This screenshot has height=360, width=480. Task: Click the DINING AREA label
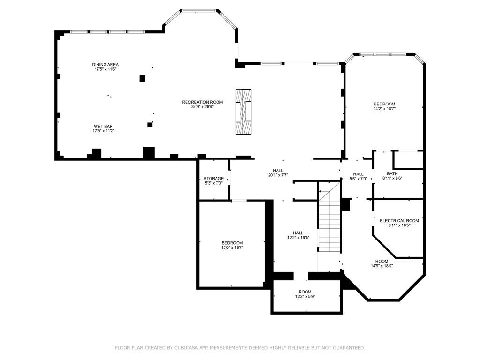pos(105,65)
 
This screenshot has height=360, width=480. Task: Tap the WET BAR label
pos(103,126)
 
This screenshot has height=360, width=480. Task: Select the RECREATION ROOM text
pos(202,102)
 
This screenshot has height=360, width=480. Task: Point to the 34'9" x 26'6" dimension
pos(202,107)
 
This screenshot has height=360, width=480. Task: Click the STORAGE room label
pos(213,179)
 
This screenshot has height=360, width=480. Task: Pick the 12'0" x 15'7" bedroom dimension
pos(232,247)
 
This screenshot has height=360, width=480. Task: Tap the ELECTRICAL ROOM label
pos(399,221)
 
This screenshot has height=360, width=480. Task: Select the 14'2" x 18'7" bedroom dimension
pos(384,109)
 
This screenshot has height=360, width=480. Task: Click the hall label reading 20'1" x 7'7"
pos(278,175)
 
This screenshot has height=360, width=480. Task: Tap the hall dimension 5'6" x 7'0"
pos(358,179)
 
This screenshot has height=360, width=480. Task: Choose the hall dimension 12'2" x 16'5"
pos(298,238)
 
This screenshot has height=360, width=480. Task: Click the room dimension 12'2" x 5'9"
pos(305,296)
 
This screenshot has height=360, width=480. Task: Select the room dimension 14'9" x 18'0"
pos(382,266)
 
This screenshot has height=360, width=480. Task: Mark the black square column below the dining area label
pos(142,78)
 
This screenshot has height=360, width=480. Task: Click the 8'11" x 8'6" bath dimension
pos(392,178)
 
